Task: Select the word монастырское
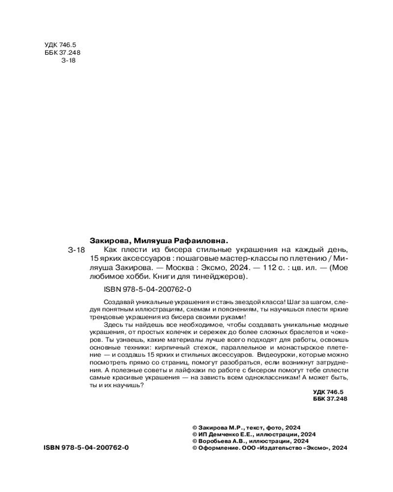click(x=296, y=348)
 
